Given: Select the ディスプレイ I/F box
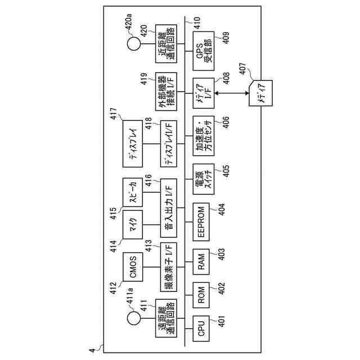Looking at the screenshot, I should (169, 142).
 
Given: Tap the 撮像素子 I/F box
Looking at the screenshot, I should (169, 264).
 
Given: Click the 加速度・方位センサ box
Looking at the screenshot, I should (202, 135).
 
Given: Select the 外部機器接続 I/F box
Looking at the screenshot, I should (169, 92).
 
